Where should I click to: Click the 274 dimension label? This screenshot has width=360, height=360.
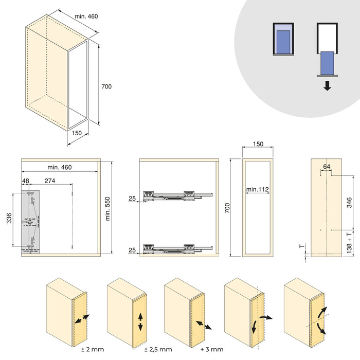[x=50, y=181]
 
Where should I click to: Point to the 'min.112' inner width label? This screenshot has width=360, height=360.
[x=258, y=190]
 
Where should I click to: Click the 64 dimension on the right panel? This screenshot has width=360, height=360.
[x=327, y=166]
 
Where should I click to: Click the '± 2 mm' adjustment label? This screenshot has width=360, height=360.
[x=93, y=350]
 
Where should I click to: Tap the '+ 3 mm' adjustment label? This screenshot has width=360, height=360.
[x=212, y=350]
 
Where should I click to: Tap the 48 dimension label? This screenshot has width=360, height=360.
[x=26, y=181]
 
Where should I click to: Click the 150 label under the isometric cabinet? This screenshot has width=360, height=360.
[x=77, y=133]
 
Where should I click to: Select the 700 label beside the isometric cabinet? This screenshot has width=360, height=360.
[x=106, y=87]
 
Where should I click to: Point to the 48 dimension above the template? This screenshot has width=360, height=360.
[x=26, y=181]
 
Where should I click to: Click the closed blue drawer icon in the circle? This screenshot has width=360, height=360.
[x=282, y=39]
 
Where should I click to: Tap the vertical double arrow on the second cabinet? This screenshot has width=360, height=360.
[x=140, y=321]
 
